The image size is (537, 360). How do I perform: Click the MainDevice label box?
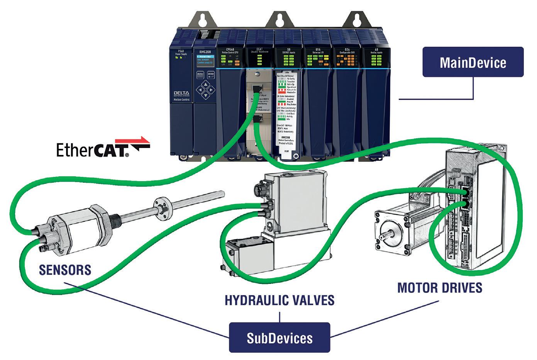(473, 62)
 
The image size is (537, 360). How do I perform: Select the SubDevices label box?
(280, 338)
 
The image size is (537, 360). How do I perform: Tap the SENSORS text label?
(65, 270)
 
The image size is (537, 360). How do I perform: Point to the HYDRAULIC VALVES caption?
(280, 300)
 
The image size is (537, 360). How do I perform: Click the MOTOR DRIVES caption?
(440, 288)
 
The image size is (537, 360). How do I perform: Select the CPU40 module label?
(231, 50)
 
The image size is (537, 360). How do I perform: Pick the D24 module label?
(345, 50)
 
